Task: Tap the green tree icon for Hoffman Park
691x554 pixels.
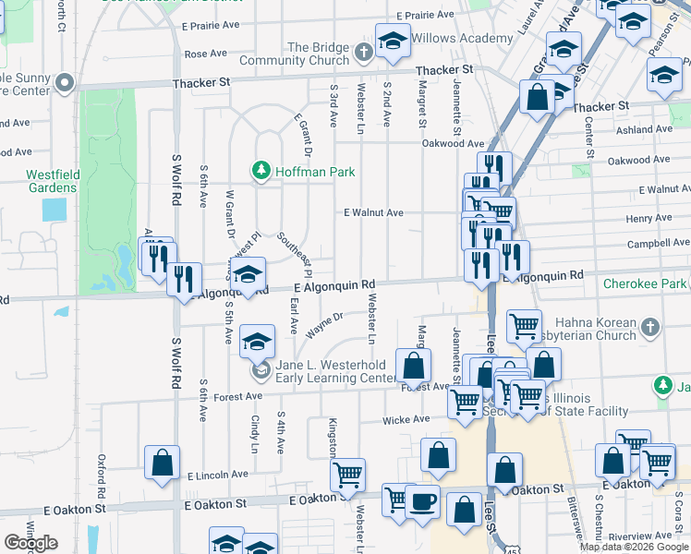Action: (x=261, y=170)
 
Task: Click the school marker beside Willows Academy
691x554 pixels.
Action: (x=393, y=42)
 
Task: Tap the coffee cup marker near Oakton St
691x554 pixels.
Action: (x=422, y=501)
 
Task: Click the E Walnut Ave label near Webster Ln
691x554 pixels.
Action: (x=373, y=212)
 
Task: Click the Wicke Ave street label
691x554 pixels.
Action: (x=406, y=419)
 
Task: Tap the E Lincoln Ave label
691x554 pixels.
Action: (x=217, y=475)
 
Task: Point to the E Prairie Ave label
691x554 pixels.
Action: (x=425, y=15)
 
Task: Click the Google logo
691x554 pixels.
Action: (x=30, y=543)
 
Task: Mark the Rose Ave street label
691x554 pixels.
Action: (x=205, y=54)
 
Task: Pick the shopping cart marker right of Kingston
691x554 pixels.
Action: (x=347, y=474)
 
